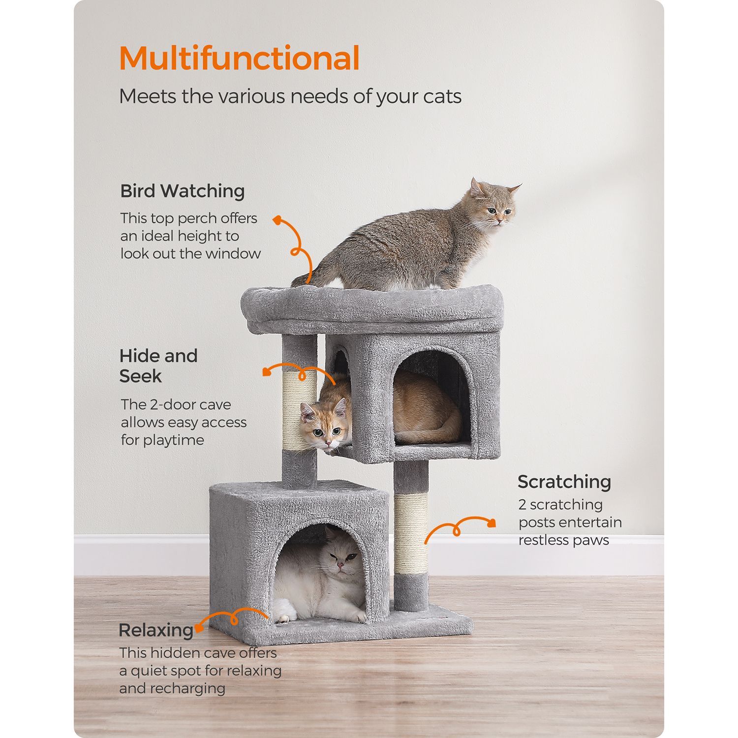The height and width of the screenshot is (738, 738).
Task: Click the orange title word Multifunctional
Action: (x=239, y=59)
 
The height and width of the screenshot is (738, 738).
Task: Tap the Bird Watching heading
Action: (x=183, y=191)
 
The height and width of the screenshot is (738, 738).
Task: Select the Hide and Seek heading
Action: (x=158, y=366)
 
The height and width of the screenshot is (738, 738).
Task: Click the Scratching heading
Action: (x=564, y=482)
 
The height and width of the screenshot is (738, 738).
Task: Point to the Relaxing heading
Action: (x=156, y=630)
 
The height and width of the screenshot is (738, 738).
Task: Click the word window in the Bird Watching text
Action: (x=233, y=254)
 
